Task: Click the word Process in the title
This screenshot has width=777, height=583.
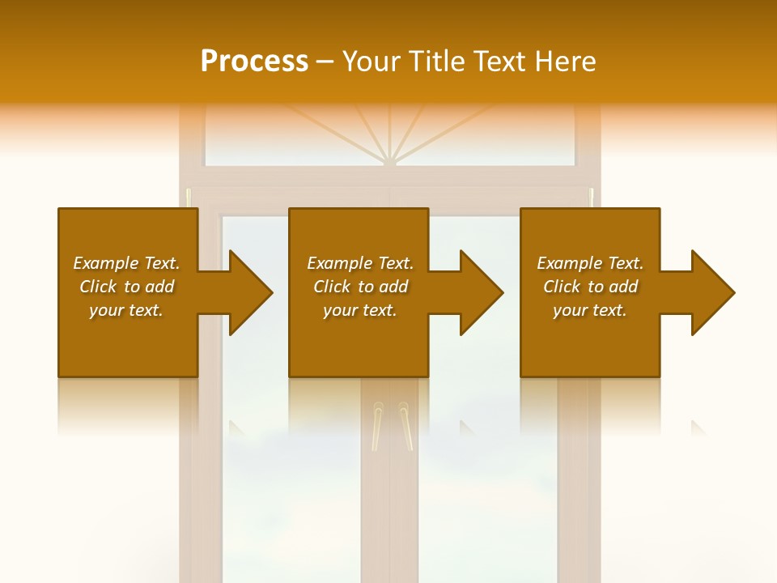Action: coord(254,62)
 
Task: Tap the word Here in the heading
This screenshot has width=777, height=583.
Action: coord(566,62)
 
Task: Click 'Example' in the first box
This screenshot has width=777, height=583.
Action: coord(106,263)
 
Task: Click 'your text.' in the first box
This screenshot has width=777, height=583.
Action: coord(126,310)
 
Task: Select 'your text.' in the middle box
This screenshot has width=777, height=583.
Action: coord(360,310)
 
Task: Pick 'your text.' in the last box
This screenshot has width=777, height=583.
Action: coord(590,310)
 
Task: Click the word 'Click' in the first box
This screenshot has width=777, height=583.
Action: coord(98,287)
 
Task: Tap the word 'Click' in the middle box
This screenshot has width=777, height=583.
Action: coord(332,287)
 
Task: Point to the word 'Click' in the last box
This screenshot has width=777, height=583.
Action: coord(562,287)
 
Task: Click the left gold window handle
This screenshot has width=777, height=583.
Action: coord(377,425)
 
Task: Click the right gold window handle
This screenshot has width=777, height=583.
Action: coord(405,425)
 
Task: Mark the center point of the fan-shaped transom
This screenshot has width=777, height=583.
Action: coord(390,160)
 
